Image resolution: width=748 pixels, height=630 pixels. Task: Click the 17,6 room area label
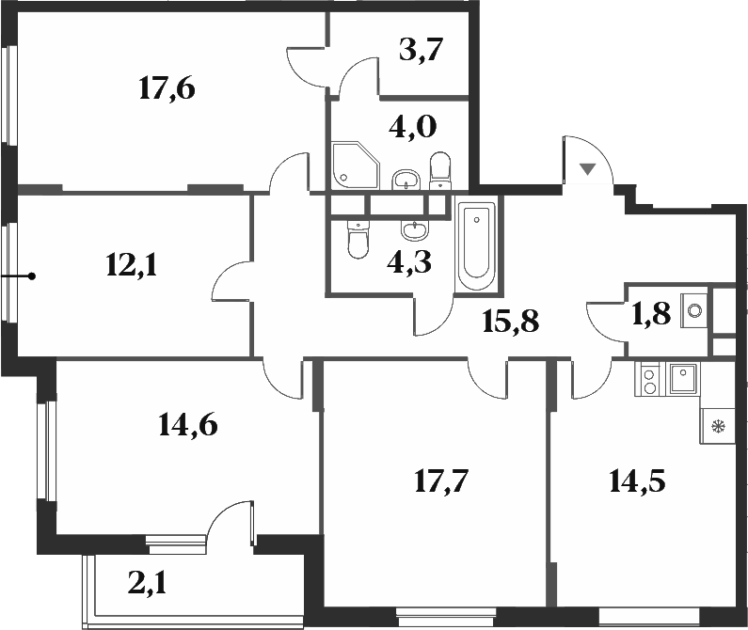click(x=167, y=89)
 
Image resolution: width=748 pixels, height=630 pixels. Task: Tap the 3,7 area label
click(x=422, y=51)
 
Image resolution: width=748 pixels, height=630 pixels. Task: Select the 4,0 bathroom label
click(x=413, y=127)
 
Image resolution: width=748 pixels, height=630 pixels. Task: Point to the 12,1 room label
click(x=132, y=265)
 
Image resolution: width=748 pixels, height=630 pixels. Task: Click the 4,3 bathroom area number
click(x=409, y=262)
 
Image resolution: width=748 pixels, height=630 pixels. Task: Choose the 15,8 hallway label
click(x=511, y=321)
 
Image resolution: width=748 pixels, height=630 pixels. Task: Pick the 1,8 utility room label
click(x=651, y=314)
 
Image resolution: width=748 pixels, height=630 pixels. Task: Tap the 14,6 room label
click(x=187, y=425)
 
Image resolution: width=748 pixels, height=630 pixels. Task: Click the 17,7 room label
click(x=441, y=481)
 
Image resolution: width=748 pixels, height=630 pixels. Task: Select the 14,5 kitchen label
click(x=637, y=481)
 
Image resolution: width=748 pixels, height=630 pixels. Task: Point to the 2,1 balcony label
click(x=148, y=584)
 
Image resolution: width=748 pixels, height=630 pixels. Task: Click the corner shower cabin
click(x=356, y=165)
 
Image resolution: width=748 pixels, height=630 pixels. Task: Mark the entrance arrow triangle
click(x=588, y=169)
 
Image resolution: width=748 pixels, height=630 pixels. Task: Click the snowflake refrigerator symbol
click(x=717, y=426)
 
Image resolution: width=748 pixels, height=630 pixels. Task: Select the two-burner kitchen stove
click(x=649, y=379)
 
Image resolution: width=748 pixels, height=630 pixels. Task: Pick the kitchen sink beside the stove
click(x=683, y=378)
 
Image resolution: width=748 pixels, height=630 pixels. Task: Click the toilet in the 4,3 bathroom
click(x=358, y=239)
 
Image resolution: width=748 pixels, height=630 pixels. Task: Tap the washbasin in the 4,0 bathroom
click(x=406, y=180)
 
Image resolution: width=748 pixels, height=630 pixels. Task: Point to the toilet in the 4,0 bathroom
click(x=440, y=171)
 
